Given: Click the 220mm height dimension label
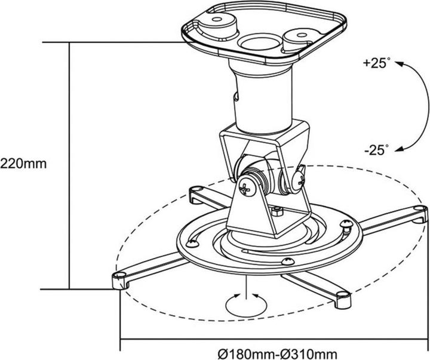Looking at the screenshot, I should tap(22, 162).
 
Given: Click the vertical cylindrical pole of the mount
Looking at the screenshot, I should tap(263, 99).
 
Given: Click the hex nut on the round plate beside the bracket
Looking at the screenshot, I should tap(276, 211).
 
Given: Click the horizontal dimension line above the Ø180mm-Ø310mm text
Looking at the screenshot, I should tap(275, 340).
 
